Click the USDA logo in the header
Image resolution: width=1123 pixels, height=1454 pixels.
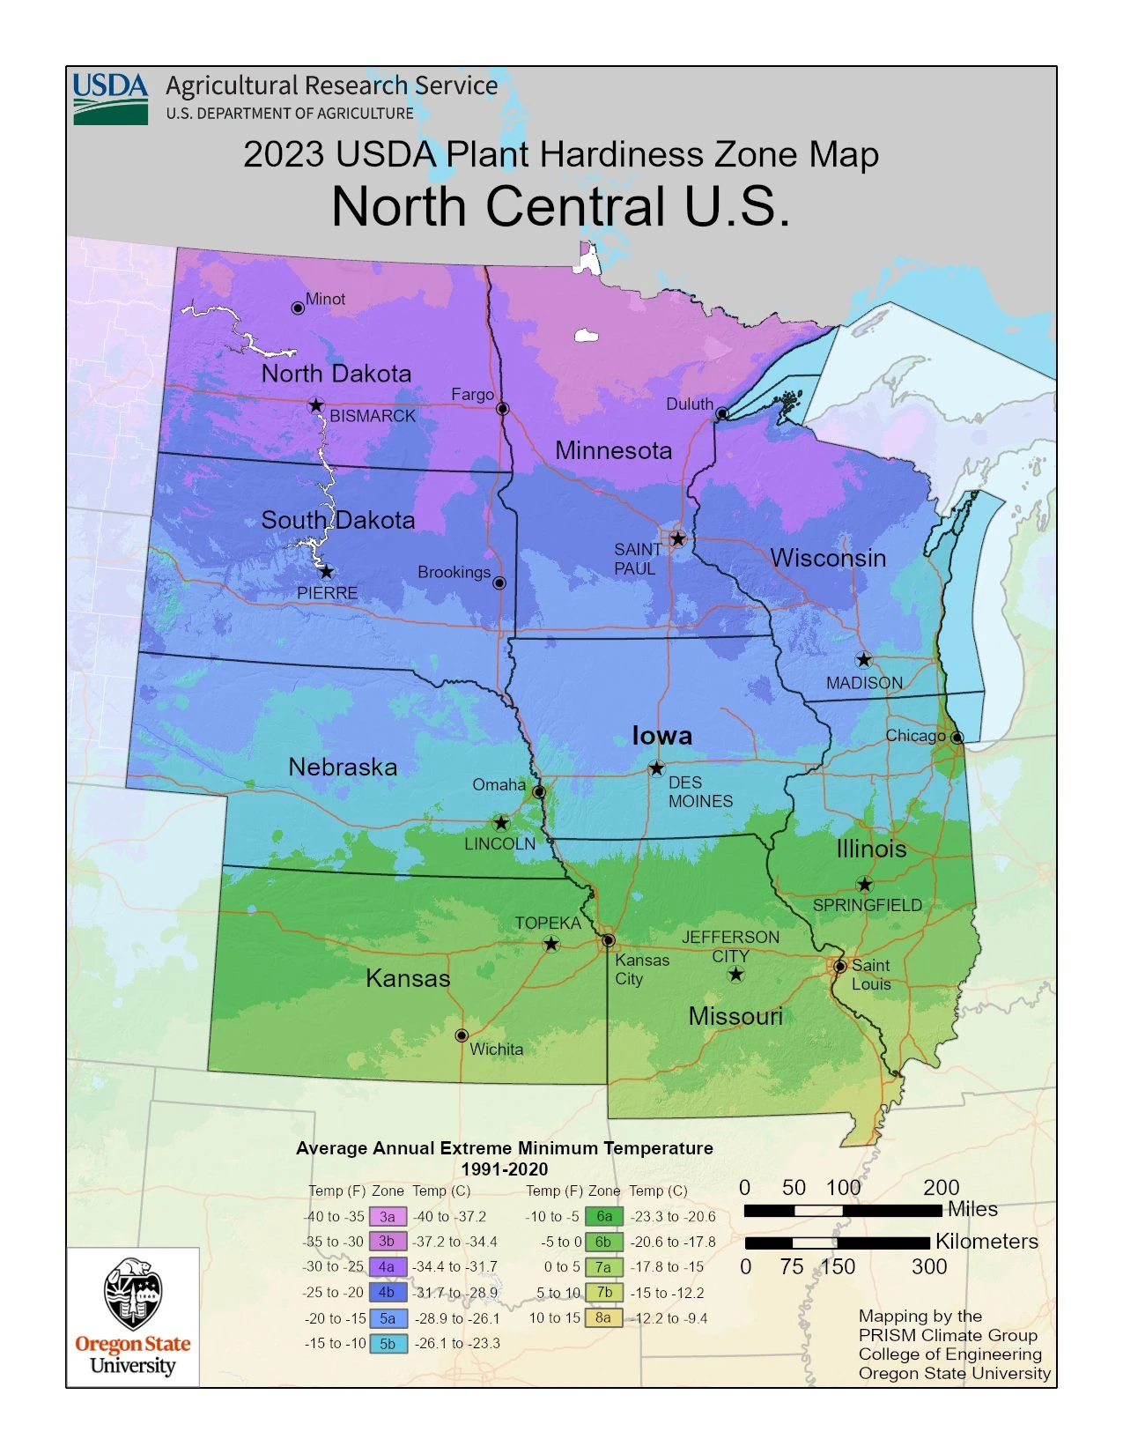tap(110, 98)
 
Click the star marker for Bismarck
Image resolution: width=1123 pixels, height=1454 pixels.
tap(316, 405)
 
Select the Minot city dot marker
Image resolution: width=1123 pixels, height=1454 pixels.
tap(298, 308)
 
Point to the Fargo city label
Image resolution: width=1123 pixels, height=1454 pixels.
tap(472, 395)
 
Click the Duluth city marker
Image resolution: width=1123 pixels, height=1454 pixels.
tap(722, 413)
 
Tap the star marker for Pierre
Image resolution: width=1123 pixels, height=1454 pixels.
tap(327, 572)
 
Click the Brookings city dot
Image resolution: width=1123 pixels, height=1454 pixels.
tap(499, 582)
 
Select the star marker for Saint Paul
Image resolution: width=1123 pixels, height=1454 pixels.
tap(678, 538)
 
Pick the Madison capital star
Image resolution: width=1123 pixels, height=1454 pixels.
tap(864, 659)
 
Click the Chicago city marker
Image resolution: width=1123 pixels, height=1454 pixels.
tap(957, 737)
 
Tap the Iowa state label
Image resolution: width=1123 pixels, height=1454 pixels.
tap(661, 736)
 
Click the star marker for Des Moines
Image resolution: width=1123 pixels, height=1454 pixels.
tap(656, 768)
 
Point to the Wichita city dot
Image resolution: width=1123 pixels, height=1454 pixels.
tap(462, 1035)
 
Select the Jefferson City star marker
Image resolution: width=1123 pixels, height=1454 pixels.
tap(736, 974)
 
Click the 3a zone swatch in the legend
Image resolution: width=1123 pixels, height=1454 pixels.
tap(388, 1217)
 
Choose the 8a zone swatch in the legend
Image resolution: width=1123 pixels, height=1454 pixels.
tap(603, 1318)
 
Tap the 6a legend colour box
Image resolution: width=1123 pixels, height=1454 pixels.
tap(603, 1217)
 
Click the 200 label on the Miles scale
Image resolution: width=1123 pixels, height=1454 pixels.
tap(941, 1187)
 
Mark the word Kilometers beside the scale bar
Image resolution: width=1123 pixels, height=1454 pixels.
tap(986, 1242)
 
